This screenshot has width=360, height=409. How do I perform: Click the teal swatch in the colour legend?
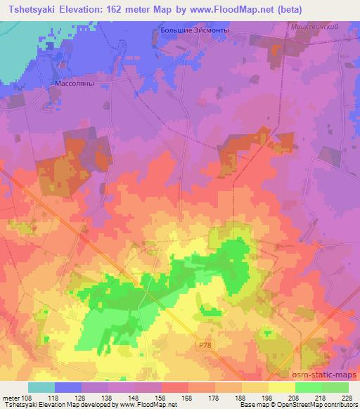(x=41, y=387)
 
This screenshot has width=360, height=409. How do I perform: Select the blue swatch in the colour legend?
(x=68, y=387)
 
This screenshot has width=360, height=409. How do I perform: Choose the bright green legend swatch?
(x=308, y=387)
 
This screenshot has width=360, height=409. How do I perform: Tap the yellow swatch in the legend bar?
(x=281, y=387)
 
